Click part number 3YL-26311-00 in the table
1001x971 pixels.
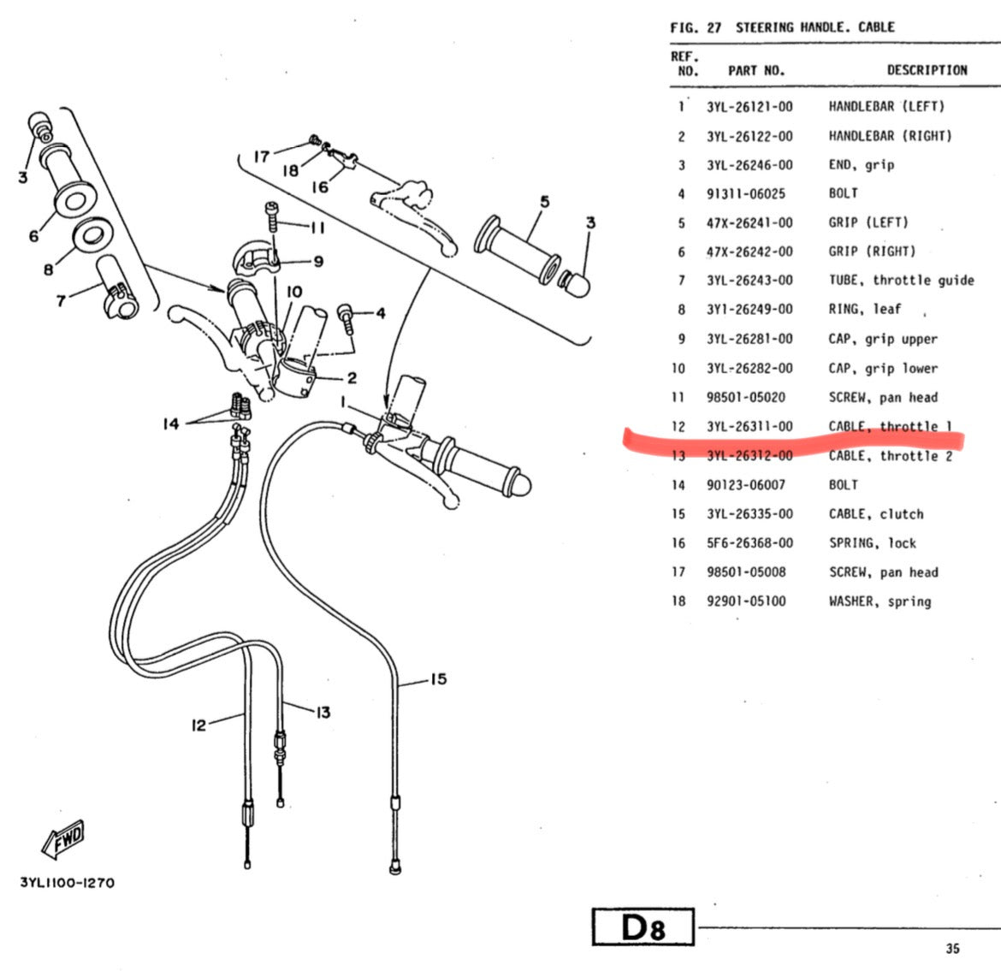point(749,426)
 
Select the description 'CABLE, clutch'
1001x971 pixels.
point(876,514)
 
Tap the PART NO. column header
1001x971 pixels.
point(755,71)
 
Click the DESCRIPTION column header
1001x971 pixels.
point(927,70)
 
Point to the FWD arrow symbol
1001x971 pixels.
point(63,838)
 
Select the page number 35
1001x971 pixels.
point(953,948)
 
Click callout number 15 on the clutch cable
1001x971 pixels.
point(437,679)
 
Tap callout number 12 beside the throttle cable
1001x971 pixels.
point(198,725)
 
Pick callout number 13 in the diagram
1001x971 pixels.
point(323,712)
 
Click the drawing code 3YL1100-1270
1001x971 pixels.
point(67,882)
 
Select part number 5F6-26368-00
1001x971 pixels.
point(749,543)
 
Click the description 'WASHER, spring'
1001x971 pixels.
point(880,601)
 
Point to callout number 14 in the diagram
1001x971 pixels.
point(171,423)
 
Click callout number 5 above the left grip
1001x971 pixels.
point(545,202)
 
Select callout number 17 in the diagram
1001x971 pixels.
point(261,156)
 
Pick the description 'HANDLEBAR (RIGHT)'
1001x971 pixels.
point(890,136)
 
